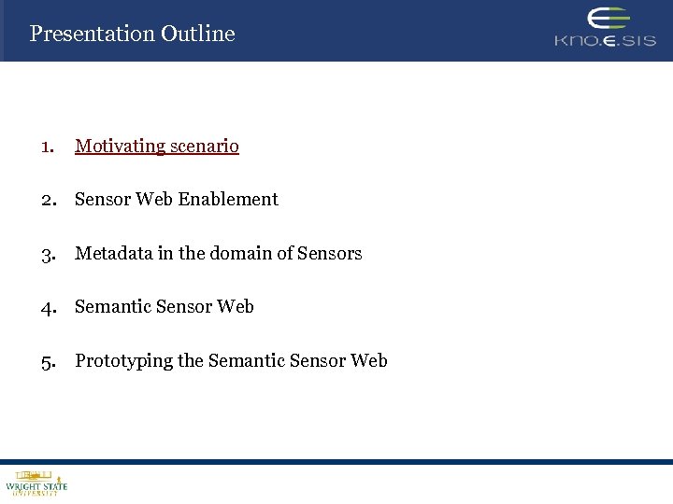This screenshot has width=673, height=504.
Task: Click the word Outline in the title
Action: click(197, 34)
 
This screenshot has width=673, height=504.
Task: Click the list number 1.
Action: click(47, 147)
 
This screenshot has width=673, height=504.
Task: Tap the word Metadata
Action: click(113, 254)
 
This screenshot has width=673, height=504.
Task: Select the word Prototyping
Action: click(124, 361)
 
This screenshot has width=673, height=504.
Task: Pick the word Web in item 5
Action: click(369, 361)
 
